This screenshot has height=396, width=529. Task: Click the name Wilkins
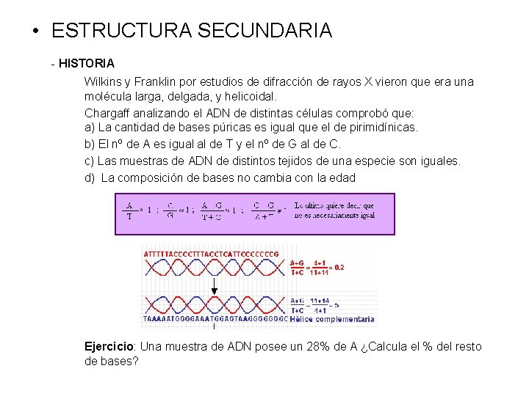[104, 81]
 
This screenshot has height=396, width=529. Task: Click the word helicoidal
[250, 97]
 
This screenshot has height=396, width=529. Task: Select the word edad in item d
[343, 177]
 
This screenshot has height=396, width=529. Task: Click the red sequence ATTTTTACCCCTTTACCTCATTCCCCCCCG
[212, 254]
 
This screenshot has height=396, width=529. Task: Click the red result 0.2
[339, 268]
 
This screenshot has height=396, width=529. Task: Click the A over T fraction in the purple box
[129, 210]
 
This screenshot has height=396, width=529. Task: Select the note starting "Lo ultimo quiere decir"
[334, 210]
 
